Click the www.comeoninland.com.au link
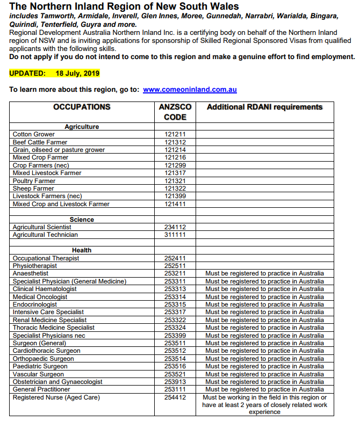[190, 90]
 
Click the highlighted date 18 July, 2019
[77, 73]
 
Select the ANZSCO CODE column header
[175, 112]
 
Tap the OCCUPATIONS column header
[82, 107]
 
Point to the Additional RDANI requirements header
[264, 107]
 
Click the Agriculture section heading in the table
[82, 127]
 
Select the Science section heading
[82, 220]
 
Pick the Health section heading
[82, 250]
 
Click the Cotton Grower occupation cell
[34, 134]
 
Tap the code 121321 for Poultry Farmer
[175, 181]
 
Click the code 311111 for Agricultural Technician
[175, 235]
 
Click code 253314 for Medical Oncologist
[175, 297]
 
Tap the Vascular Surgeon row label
[38, 374]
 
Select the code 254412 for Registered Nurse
[175, 397]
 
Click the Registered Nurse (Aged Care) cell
[56, 397]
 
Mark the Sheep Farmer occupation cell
[33, 188]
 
